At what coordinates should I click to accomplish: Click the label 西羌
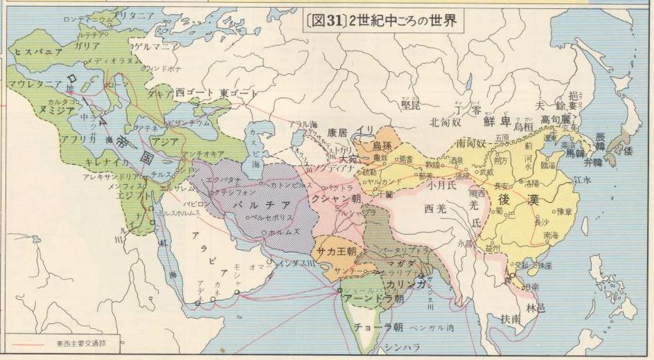[x=438, y=207]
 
